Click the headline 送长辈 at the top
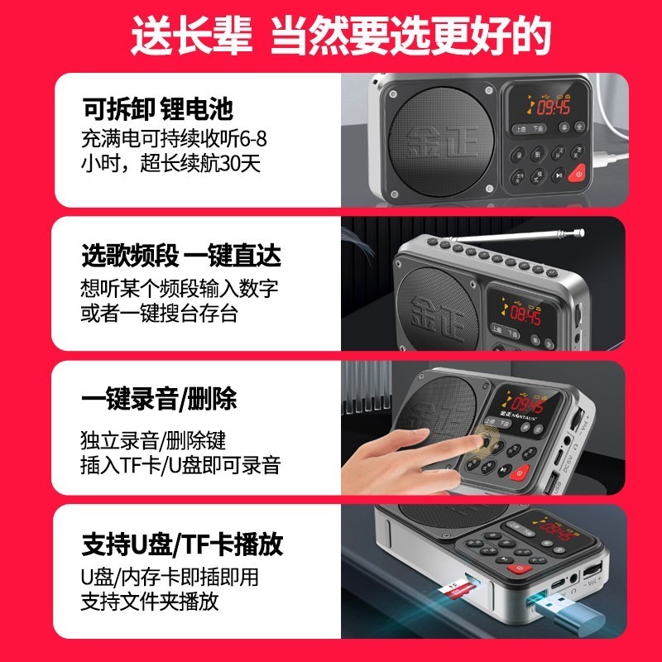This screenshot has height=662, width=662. tap(193, 36)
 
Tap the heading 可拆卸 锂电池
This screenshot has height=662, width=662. tap(157, 109)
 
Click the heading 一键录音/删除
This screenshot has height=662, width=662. tap(159, 401)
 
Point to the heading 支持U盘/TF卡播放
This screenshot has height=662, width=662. tap(182, 544)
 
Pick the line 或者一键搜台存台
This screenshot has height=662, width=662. tap(156, 313)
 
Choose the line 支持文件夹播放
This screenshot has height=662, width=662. tap(150, 601)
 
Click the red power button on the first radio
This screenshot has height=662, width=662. tap(578, 173)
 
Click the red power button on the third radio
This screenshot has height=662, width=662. tap(520, 473)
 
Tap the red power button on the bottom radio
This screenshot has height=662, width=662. tap(520, 568)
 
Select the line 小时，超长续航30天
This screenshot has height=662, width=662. tap(171, 163)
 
